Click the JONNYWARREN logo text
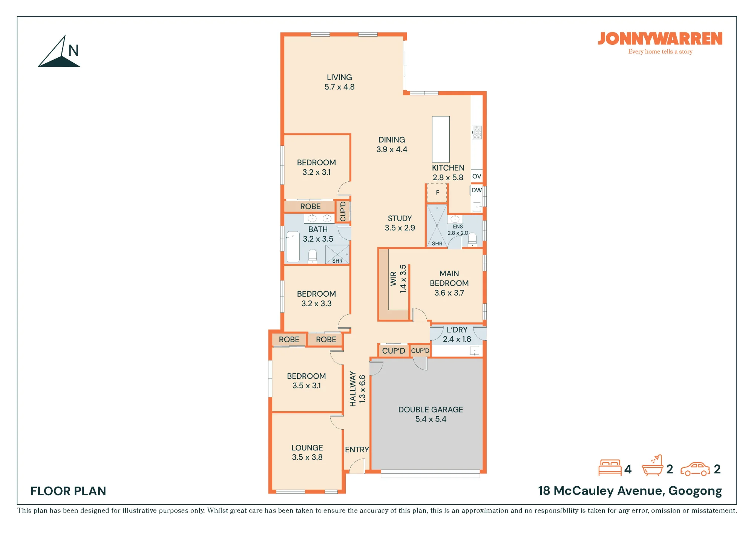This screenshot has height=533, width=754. point(660,39)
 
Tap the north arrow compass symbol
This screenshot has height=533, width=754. point(59,51)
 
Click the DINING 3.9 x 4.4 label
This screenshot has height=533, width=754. point(392,144)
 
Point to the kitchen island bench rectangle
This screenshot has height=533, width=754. point(441,139)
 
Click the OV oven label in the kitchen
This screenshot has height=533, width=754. point(477,176)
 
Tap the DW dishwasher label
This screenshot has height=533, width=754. point(477,190)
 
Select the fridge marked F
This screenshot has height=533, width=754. point(437,193)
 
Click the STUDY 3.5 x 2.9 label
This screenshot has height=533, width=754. point(400,223)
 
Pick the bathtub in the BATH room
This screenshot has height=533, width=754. point(293,247)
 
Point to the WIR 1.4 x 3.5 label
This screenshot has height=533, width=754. point(398,279)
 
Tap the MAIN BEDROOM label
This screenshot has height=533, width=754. point(449,283)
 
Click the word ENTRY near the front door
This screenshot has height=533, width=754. point(357,450)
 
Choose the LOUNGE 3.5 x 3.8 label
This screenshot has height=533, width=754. point(307,452)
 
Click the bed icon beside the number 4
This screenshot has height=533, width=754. point(610,468)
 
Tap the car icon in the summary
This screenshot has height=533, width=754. point(695,469)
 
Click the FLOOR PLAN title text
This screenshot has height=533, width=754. point(68,491)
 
